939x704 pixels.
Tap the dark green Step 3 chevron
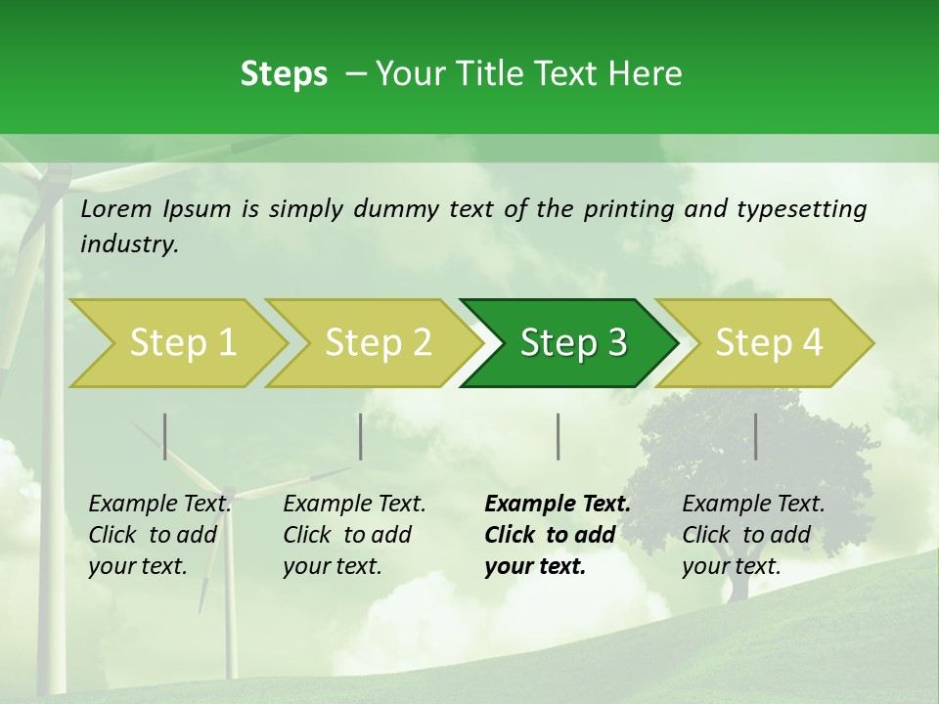pyautogui.click(x=573, y=343)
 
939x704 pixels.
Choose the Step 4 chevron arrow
pyautogui.click(x=769, y=343)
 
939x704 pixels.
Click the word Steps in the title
pyautogui.click(x=284, y=74)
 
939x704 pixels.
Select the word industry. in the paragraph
pyautogui.click(x=130, y=244)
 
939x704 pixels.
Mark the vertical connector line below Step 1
pyautogui.click(x=165, y=436)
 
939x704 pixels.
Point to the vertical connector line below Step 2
pyautogui.click(x=361, y=436)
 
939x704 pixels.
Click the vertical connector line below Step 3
pyautogui.click(x=559, y=436)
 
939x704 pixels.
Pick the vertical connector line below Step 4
pyautogui.click(x=755, y=436)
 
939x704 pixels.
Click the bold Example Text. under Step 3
pyautogui.click(x=558, y=505)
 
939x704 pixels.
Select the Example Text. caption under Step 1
pyautogui.click(x=159, y=505)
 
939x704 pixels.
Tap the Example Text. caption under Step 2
pyautogui.click(x=354, y=505)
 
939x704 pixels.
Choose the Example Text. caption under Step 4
pyautogui.click(x=753, y=505)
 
